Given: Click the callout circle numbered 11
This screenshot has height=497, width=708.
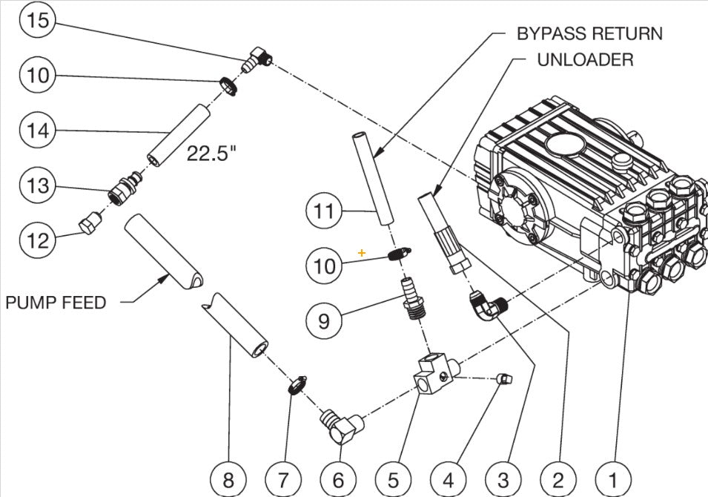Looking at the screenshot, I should click(323, 212).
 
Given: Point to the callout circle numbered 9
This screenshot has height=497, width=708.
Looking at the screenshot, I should click(323, 320).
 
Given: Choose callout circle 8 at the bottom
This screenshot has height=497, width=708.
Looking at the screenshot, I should click(228, 479).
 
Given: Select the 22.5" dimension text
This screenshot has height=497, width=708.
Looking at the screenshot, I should click(211, 154).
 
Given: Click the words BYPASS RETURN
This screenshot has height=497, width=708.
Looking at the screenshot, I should click(589, 34).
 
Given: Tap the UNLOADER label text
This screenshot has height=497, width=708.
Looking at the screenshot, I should click(585, 59).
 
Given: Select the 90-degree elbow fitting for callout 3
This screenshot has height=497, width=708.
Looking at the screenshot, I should click(486, 303).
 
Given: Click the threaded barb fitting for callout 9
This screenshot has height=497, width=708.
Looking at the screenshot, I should click(410, 297).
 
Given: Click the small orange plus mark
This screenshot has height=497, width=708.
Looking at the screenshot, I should click(362, 253).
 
